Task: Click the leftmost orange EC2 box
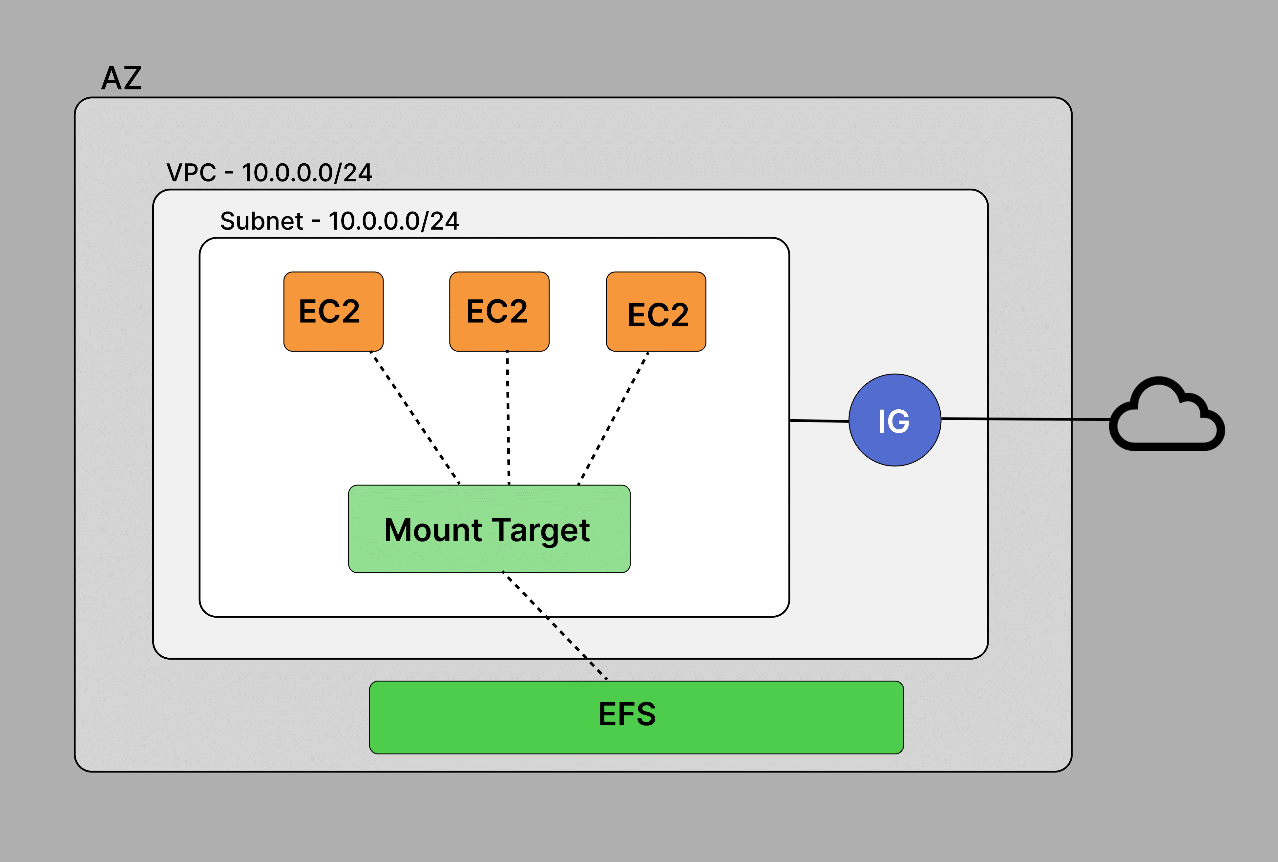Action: [333, 311]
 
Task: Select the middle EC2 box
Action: [499, 311]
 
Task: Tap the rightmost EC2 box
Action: [656, 311]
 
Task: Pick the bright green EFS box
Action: [636, 717]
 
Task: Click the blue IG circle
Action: [895, 420]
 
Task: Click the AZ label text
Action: [121, 78]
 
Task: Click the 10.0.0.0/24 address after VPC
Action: [307, 173]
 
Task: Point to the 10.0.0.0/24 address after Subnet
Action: [394, 221]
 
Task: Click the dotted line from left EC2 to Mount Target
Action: [415, 418]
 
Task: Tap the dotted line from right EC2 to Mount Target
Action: [613, 418]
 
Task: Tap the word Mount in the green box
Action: [433, 530]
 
